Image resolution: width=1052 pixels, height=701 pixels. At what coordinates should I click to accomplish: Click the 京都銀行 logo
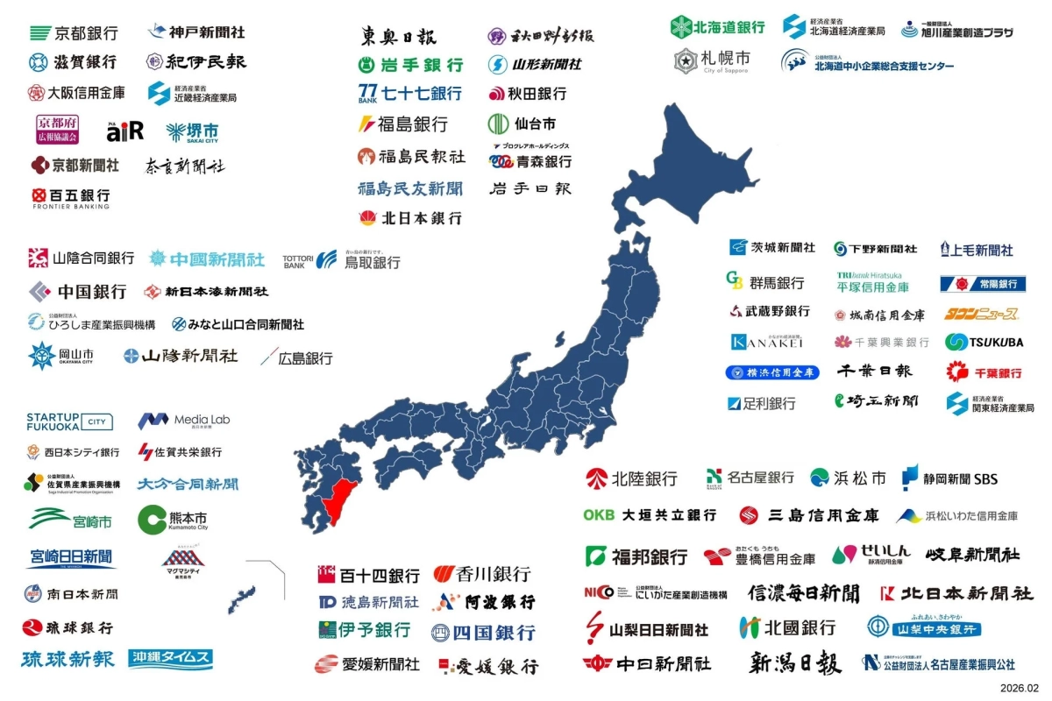(x=74, y=33)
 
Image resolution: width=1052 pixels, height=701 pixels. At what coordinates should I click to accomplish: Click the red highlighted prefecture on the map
(x=337, y=499)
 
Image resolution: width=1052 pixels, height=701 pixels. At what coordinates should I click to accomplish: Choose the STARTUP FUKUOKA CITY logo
(x=69, y=421)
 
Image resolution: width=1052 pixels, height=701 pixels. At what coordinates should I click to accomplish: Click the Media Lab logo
(x=183, y=421)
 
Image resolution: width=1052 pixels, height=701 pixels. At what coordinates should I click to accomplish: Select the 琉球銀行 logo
(x=68, y=627)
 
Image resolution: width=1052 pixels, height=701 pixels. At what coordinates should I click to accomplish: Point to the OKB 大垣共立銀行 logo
(x=650, y=515)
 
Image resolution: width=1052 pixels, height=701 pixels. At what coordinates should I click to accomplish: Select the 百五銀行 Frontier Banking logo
(x=70, y=198)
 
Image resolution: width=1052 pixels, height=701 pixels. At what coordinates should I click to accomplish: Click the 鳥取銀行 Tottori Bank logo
(x=341, y=260)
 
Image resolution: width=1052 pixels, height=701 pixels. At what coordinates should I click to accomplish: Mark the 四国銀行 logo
(x=482, y=633)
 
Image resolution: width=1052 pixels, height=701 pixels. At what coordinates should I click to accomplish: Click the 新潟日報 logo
(x=795, y=663)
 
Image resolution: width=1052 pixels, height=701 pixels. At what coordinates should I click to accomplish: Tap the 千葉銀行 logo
(x=984, y=372)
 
